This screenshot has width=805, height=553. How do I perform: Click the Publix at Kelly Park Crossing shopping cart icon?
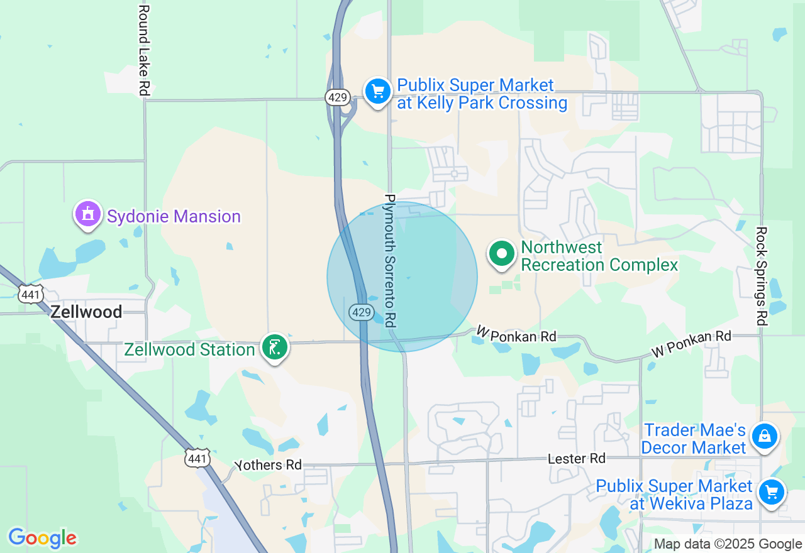coord(377,92)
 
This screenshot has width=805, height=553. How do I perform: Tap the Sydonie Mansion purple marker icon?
coord(88,214)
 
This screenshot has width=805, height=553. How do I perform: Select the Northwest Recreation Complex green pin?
coord(502,254)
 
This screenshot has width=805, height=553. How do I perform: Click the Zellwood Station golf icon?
coord(275,347)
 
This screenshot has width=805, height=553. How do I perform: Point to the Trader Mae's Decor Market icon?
coord(765,435)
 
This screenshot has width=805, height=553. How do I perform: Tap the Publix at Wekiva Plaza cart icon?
coord(772,492)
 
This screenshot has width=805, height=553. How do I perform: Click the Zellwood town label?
coord(86,311)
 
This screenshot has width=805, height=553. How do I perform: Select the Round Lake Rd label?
coord(144,50)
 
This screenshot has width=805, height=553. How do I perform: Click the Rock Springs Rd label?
coord(762,276)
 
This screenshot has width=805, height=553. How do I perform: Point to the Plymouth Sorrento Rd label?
coord(391,260)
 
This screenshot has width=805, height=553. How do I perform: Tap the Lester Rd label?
coord(576,459)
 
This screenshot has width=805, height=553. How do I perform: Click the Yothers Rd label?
coord(269,465)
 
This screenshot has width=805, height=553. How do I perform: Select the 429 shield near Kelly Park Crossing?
coord(337,97)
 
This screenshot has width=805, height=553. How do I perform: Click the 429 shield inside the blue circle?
coord(362,312)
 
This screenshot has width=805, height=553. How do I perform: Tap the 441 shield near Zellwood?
coord(30,294)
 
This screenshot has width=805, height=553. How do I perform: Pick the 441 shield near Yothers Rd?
coord(197,459)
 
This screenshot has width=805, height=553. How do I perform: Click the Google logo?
coord(42,538)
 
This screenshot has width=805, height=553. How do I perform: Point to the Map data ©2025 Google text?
coord(728,544)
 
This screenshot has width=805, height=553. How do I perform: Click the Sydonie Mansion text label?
coord(174,217)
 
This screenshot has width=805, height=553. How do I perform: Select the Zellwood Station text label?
coord(189,349)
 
